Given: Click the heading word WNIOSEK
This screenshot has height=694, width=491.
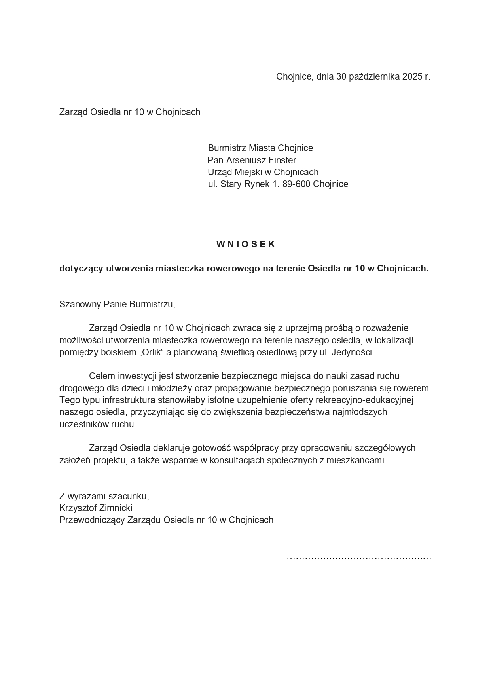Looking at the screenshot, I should tap(245, 244).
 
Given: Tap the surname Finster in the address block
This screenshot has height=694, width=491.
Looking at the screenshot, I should tap(282, 160).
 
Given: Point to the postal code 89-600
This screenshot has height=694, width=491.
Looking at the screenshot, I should tap(296, 184).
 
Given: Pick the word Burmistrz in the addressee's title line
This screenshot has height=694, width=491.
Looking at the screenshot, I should tap(227, 148).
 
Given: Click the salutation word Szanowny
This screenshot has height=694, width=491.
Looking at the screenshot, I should tap(80, 304).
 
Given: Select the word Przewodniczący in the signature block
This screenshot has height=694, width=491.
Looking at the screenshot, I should tap(92, 520).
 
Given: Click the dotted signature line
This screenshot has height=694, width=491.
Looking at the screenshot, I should tap(358, 558).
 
